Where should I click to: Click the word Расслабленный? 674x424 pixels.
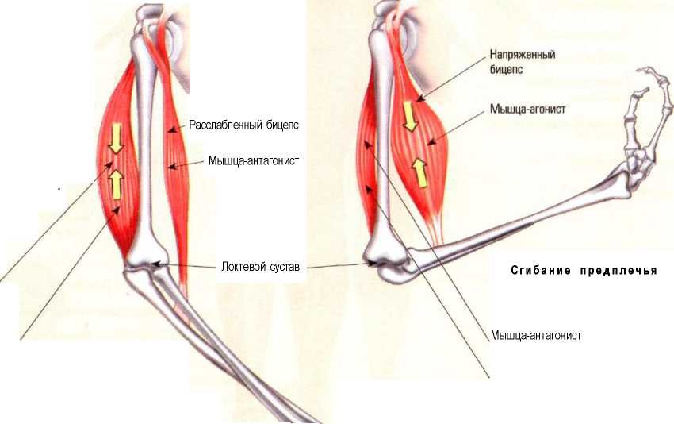point(226,125)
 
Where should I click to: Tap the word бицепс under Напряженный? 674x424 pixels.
point(506,69)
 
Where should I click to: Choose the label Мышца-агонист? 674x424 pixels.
point(527,109)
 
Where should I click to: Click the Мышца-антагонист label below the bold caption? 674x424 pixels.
point(535,335)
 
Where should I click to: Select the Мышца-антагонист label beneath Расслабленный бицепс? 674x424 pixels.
point(254,161)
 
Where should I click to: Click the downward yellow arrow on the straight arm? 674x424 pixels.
point(116,138)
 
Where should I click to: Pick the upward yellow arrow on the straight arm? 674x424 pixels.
point(116,184)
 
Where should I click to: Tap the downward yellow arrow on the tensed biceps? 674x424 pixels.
point(410,116)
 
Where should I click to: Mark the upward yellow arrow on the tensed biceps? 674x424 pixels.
point(421,172)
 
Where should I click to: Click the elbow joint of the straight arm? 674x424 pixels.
point(145,264)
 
